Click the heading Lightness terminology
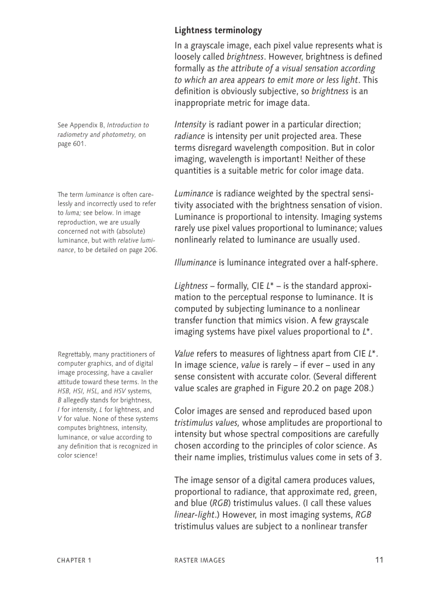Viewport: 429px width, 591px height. coord(218,31)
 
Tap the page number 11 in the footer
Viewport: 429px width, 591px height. coord(379,560)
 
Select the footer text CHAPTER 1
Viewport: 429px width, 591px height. coord(74,560)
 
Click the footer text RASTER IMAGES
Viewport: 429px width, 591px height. coord(199,560)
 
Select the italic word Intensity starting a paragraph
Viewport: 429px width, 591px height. coord(190,125)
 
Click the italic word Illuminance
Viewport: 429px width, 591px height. coord(195,263)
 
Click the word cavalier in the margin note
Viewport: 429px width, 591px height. coord(139,373)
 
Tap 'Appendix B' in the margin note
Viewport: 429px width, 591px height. coord(87,125)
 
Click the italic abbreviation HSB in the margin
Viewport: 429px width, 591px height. coord(64,392)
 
